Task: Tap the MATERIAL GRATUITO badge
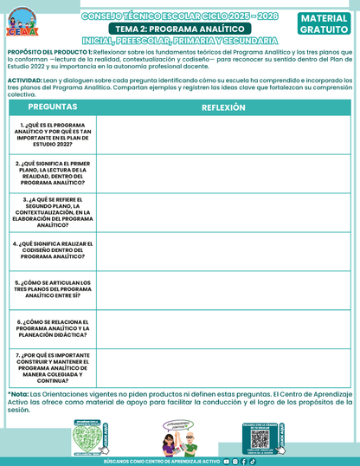[x=325, y=23]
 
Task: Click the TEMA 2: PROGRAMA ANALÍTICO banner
[x=179, y=29]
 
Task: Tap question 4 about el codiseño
[x=53, y=250]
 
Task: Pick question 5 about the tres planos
[x=53, y=289]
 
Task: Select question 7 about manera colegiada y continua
[x=53, y=367]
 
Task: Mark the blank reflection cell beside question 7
[x=225, y=367]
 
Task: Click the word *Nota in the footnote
[x=18, y=393]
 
